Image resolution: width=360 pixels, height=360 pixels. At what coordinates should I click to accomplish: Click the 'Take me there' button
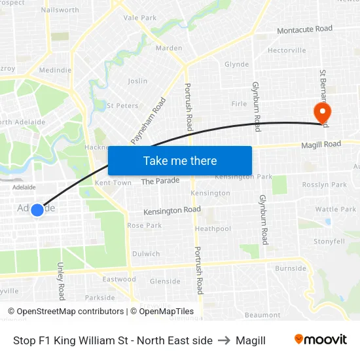coord(180,161)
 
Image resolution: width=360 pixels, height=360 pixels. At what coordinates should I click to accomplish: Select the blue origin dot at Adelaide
coord(37,209)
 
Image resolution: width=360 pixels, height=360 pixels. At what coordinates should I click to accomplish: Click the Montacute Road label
coord(304,29)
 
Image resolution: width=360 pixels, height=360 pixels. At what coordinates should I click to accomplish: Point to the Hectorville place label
coord(287,50)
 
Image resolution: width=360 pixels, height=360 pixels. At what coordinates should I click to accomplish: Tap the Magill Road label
coord(321,144)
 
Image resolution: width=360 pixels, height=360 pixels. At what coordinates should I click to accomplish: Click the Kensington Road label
coord(171,210)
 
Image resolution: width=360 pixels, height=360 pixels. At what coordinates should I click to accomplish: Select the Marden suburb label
coord(169,48)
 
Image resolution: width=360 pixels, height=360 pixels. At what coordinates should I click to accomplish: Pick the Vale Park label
coord(139,18)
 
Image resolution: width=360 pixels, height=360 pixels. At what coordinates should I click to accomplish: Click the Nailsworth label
coord(60,10)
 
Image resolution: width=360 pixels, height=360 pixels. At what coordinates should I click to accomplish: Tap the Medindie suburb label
coord(55,69)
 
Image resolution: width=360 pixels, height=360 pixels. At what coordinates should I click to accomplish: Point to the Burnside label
coord(291,268)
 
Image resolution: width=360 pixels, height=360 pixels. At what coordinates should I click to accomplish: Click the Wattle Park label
coord(335,209)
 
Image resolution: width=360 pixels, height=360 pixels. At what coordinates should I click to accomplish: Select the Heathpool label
coord(213,229)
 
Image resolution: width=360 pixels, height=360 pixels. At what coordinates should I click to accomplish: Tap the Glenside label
coord(165,281)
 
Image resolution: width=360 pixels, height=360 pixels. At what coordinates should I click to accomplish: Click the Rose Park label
coord(144,225)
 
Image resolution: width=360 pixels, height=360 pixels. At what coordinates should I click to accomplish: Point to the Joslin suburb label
coord(137,81)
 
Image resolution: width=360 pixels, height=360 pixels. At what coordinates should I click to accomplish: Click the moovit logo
coord(321,339)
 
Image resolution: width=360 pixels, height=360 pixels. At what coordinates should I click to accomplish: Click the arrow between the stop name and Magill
coord(224,340)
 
